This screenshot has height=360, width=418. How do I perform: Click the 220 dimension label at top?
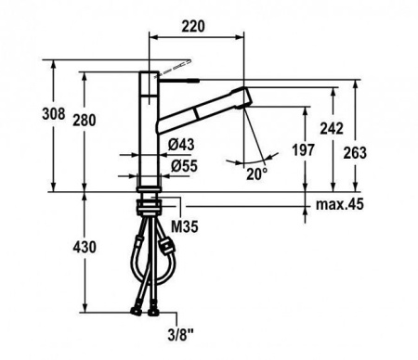tap(193, 26)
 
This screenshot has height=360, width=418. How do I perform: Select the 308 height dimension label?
tap(54, 114)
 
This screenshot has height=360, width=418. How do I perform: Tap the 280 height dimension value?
tap(85, 121)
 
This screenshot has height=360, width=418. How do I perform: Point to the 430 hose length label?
tap(85, 247)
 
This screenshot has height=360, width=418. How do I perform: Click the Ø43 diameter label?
tap(181, 145)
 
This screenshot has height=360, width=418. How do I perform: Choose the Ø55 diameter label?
tap(184, 166)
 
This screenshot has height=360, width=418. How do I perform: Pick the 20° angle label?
tap(256, 174)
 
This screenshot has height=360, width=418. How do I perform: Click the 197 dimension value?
tap(304, 150)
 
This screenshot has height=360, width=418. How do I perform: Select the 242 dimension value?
tap(332, 129)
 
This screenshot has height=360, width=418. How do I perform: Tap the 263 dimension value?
tap(355, 153)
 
